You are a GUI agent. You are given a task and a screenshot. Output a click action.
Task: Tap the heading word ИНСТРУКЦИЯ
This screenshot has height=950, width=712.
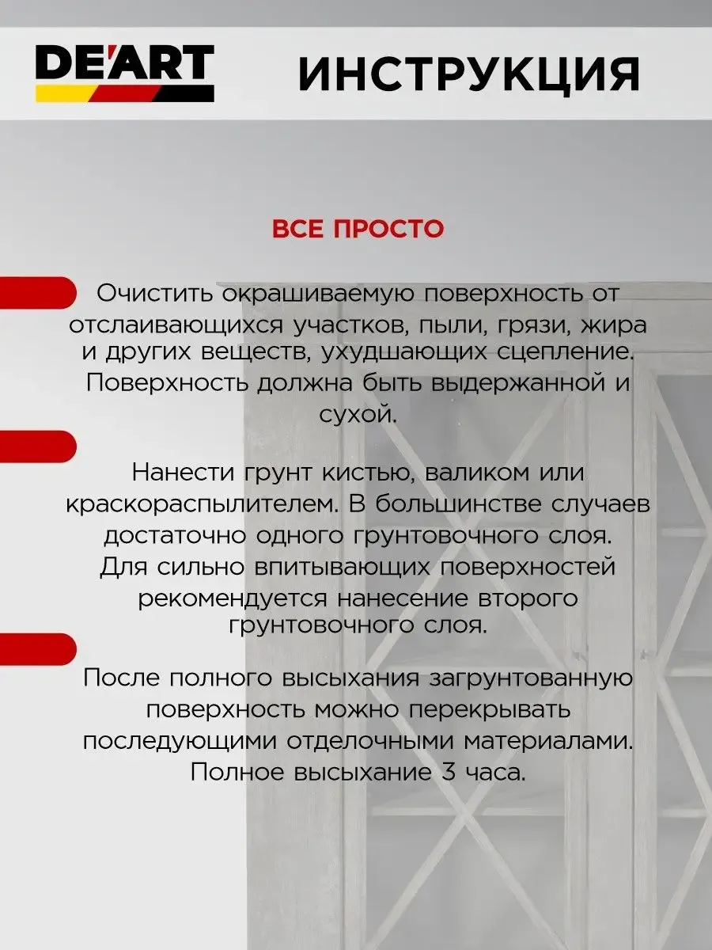coord(468,75)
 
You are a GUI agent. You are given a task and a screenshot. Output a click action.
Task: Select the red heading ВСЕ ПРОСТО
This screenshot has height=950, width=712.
coord(358,230)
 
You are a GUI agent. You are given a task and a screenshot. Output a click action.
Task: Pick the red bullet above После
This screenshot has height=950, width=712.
coord(36,647)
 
